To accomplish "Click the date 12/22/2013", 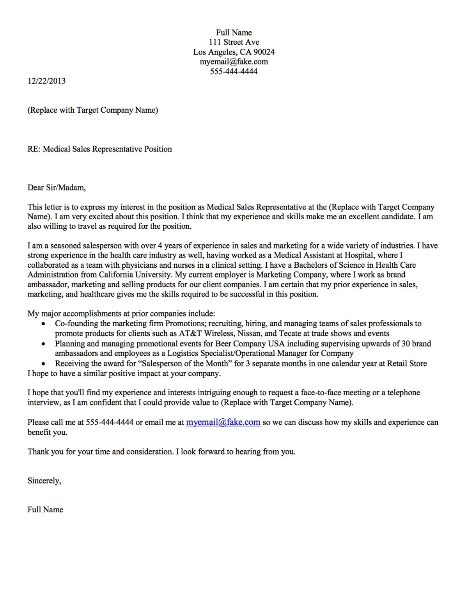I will point(46,81).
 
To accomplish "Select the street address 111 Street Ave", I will point(234,42).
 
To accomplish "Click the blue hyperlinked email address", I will point(223,422).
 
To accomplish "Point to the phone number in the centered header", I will point(234,71).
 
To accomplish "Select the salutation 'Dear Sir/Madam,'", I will point(57,188).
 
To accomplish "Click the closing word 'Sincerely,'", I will point(44,481).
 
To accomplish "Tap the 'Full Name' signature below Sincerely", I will point(45,510).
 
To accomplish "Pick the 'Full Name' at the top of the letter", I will point(234,32).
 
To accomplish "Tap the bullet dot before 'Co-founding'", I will point(44,324).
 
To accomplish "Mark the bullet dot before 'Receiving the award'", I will point(44,364).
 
